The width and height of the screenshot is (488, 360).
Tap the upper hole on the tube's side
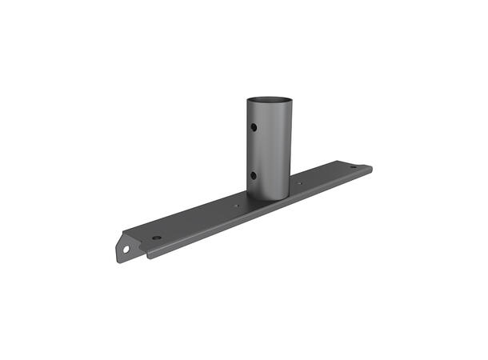(x=253, y=126)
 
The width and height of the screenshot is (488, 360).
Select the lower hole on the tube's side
(x=253, y=176)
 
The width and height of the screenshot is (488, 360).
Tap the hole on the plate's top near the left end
(x=157, y=238)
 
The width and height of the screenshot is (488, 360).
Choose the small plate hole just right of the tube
(x=300, y=183)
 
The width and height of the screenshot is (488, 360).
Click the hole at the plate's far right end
(x=353, y=166)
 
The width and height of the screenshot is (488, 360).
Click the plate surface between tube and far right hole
(x=324, y=178)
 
